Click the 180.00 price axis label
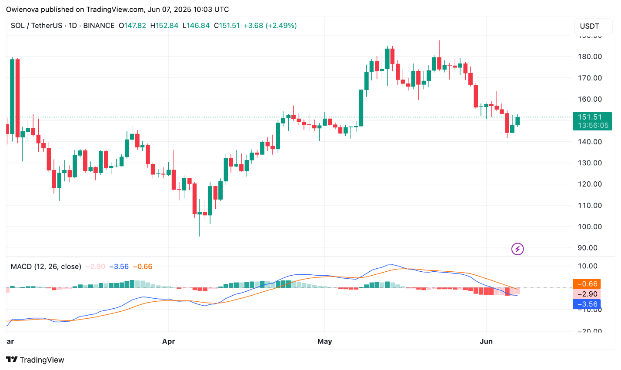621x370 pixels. [x=590, y=57]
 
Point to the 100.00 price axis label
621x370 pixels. [x=590, y=227]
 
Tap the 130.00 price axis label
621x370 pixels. [x=590, y=163]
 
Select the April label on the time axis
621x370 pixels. [x=168, y=341]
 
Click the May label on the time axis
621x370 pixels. [x=324, y=341]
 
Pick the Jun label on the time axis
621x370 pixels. [x=486, y=341]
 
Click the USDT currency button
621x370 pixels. [x=589, y=26]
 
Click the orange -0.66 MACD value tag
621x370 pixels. [x=587, y=284]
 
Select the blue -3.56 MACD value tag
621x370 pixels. [x=587, y=304]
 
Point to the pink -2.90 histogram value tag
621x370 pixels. [x=587, y=294]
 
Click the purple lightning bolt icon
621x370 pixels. [x=517, y=249]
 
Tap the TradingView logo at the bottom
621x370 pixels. [x=35, y=360]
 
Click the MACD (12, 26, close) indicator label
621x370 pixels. [x=46, y=267]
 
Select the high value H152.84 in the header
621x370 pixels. [x=164, y=26]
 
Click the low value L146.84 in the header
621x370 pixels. [x=196, y=26]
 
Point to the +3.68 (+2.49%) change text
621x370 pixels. [x=270, y=26]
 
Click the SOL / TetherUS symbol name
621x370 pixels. [x=37, y=26]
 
